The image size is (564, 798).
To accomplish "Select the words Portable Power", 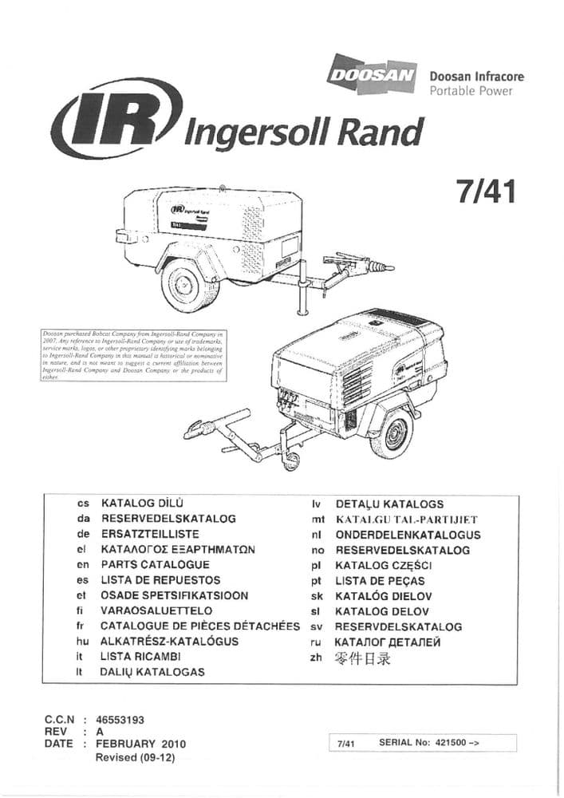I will [471, 91].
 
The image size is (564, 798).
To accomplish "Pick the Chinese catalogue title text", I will [363, 658].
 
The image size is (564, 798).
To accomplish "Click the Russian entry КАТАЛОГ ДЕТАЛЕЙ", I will [387, 642].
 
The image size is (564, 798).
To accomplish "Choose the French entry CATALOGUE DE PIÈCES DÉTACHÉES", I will [200, 626].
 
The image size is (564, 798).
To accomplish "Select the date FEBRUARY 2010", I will [140, 744].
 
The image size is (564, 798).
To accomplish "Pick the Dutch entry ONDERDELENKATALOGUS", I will [408, 535].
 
